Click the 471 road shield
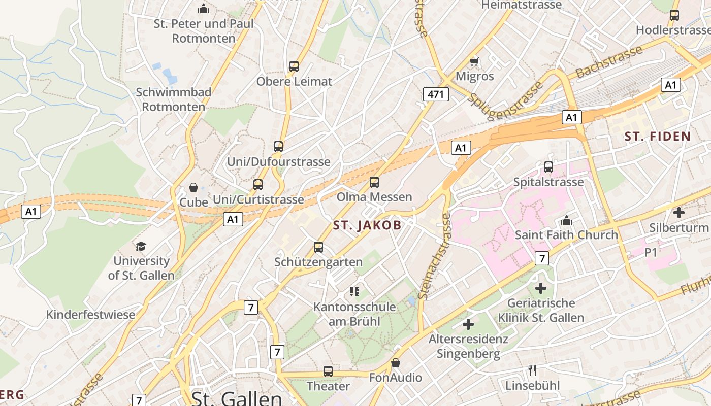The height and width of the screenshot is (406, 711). [x=436, y=94]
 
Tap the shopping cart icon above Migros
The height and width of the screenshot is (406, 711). [x=474, y=61]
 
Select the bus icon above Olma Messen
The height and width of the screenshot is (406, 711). [x=374, y=182]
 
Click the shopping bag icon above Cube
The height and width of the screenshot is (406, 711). [x=193, y=187]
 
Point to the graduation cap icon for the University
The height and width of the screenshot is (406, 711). [x=141, y=246]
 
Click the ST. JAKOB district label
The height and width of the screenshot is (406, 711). [x=367, y=226]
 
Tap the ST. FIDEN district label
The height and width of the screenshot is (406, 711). [x=658, y=136]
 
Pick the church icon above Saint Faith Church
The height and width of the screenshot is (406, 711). [x=566, y=220]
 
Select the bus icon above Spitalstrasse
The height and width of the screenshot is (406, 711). [x=548, y=166]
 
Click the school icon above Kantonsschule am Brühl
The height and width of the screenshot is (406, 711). [x=354, y=291]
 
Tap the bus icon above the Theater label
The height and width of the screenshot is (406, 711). [x=328, y=371]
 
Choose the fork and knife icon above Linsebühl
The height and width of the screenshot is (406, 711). [x=532, y=370]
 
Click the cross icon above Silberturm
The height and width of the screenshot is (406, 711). [x=678, y=213]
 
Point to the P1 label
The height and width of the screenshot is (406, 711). [x=651, y=252]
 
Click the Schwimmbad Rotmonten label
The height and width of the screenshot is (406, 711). [x=174, y=99]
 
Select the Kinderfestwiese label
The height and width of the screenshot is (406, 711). [x=91, y=314]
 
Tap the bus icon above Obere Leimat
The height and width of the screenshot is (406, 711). [x=294, y=66]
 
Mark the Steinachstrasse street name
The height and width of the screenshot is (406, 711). [x=433, y=256]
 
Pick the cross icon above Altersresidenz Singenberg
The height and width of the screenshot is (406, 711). [x=468, y=324]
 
